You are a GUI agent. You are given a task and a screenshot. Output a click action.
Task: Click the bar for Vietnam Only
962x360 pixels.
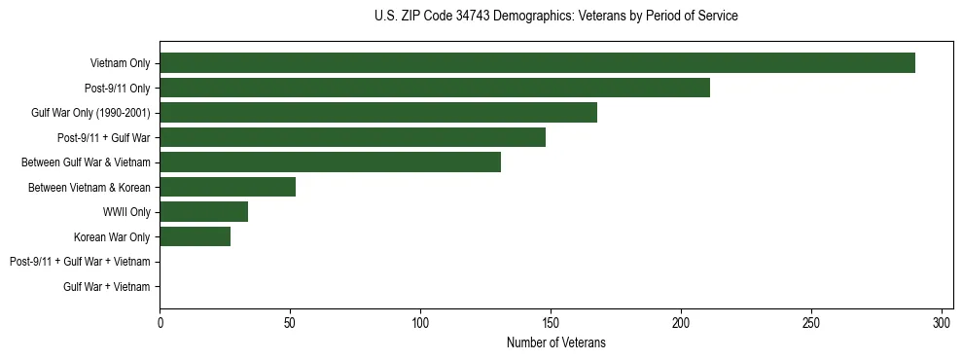pos(537,63)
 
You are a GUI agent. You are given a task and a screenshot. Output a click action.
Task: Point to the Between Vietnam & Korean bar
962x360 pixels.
pos(228,187)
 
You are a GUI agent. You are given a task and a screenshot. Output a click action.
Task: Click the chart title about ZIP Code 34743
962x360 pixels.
pos(555,16)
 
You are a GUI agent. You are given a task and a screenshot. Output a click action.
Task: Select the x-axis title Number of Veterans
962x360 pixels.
pos(555,342)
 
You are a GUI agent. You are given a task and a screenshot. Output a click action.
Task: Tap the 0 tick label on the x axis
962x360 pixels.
pos(160,322)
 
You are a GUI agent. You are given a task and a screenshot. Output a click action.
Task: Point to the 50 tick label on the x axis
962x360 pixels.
pos(290,322)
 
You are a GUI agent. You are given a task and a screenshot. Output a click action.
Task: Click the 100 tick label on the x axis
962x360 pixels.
pos(420,322)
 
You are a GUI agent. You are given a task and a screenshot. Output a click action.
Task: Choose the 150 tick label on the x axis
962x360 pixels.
pos(551,322)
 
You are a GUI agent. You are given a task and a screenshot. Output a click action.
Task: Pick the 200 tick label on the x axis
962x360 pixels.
pos(681,322)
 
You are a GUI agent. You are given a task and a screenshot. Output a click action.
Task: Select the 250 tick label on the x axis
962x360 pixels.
pos(811,322)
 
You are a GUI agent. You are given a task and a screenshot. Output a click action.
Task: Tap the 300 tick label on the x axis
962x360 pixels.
pos(942,322)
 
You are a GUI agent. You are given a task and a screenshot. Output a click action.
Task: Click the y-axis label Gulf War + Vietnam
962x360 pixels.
pos(107,286)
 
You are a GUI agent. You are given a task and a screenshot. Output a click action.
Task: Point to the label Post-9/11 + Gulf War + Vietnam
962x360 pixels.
pos(80,262)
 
